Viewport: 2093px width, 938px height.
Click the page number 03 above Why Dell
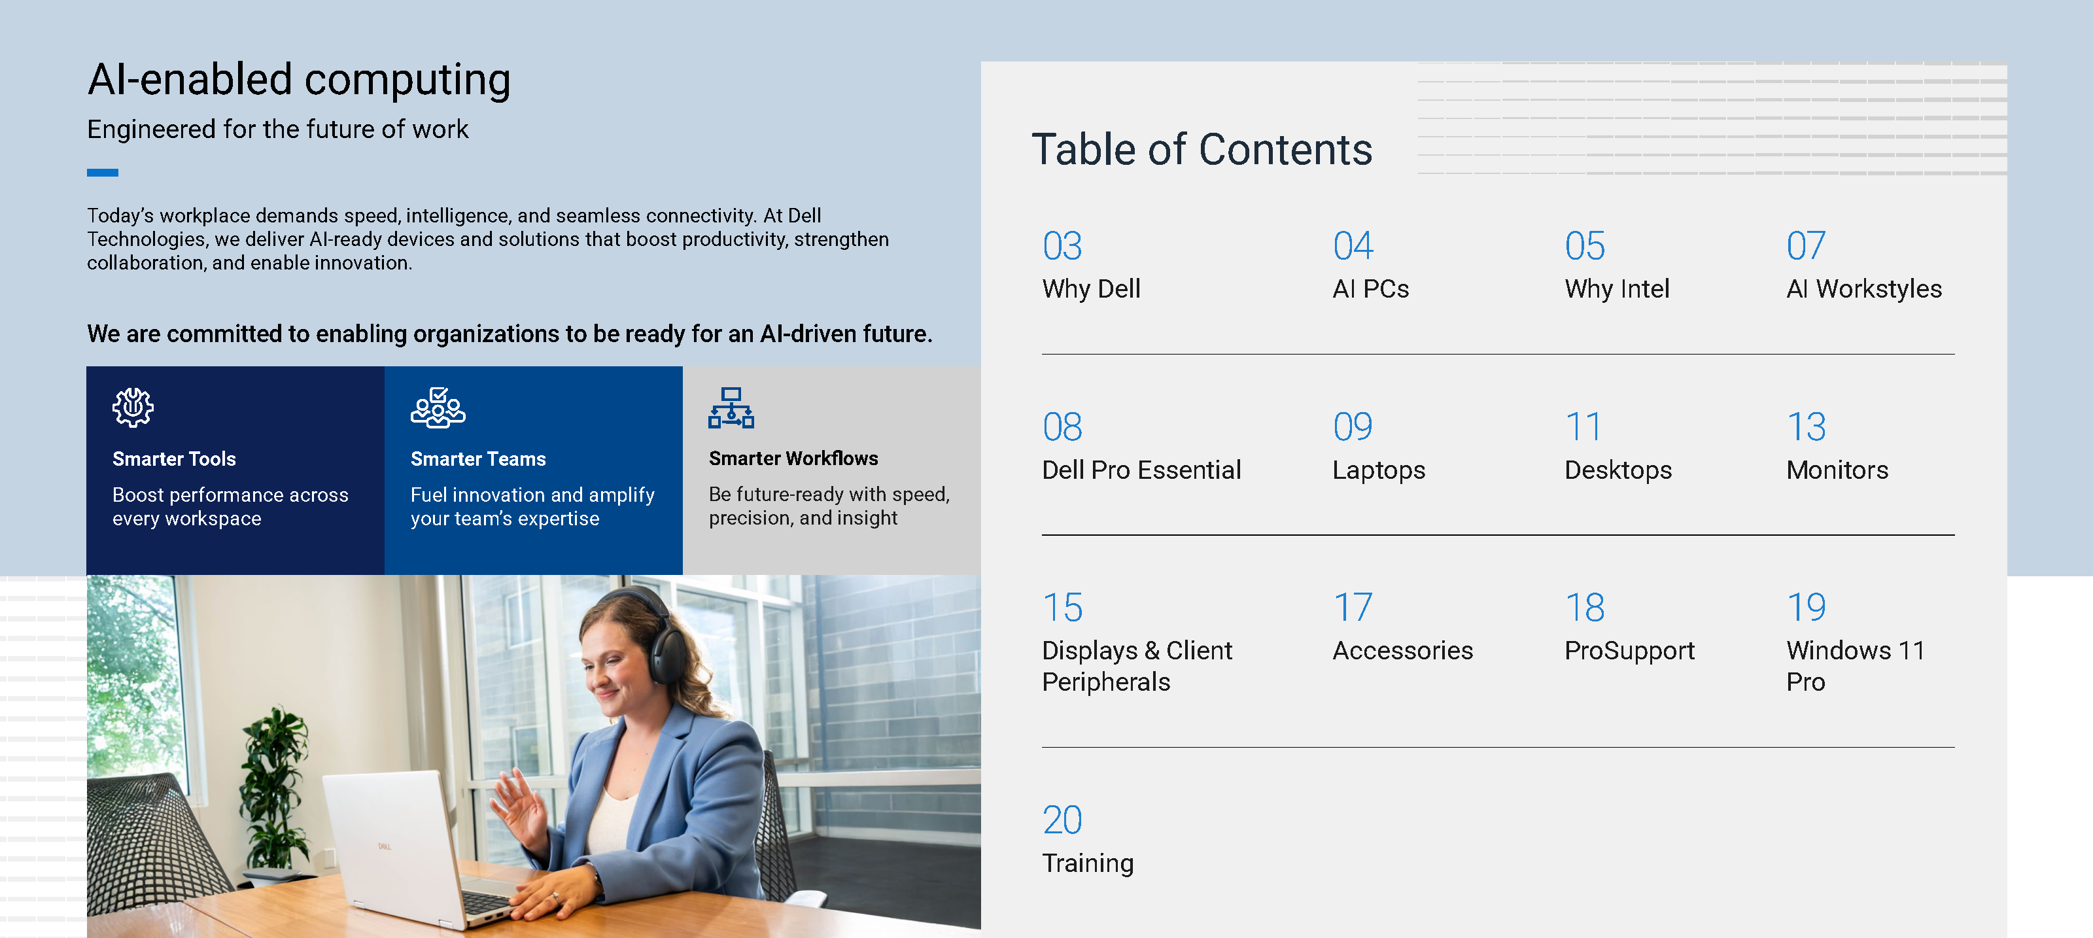pyautogui.click(x=1062, y=247)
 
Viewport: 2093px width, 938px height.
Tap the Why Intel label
pyautogui.click(x=1616, y=288)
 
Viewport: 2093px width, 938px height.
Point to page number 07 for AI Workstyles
pyautogui.click(x=1805, y=247)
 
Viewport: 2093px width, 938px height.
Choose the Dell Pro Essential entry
pyautogui.click(x=1141, y=470)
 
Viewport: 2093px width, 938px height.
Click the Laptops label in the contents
pyautogui.click(x=1378, y=470)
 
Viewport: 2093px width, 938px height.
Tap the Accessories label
pyautogui.click(x=1402, y=650)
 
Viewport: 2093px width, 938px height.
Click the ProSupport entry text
pyautogui.click(x=1629, y=650)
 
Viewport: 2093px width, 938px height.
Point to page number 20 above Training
pyautogui.click(x=1062, y=820)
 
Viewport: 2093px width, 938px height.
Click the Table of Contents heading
pyautogui.click(x=1201, y=150)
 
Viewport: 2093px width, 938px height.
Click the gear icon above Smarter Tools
pyautogui.click(x=132, y=406)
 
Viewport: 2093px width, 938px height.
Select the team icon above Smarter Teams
pyautogui.click(x=438, y=408)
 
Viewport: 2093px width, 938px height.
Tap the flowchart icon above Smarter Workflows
pyautogui.click(x=731, y=408)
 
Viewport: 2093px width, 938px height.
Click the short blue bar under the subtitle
pyautogui.click(x=103, y=172)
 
